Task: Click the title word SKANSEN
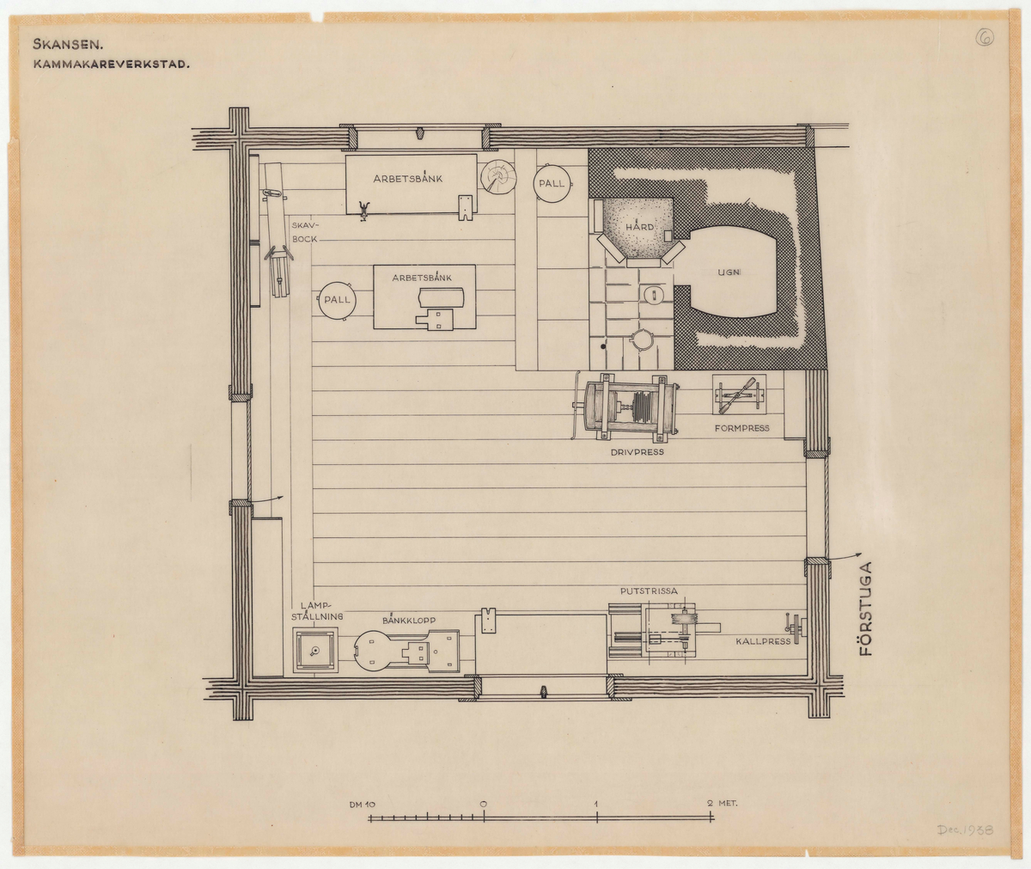click(68, 45)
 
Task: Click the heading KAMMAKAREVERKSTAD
click(111, 64)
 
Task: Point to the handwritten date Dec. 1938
click(966, 829)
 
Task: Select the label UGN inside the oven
click(729, 272)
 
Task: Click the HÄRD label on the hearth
click(639, 226)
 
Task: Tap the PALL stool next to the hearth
click(552, 183)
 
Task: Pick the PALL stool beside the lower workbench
click(338, 300)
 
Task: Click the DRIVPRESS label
click(637, 451)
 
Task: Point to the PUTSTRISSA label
click(649, 591)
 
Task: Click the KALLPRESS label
click(763, 641)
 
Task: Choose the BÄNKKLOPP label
click(409, 620)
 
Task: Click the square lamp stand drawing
click(315, 650)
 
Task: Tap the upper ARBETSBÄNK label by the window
click(408, 178)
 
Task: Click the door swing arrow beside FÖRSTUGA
click(845, 557)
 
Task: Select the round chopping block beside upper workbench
click(497, 178)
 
